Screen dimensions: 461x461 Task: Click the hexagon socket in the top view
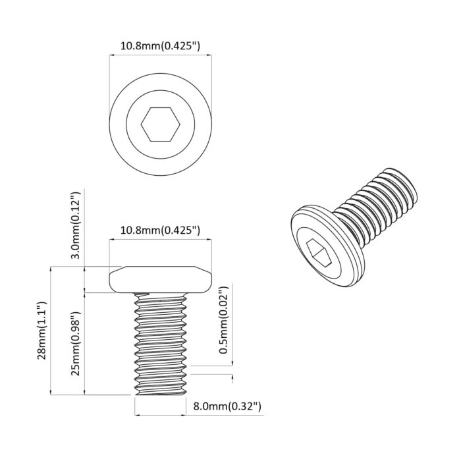click(x=160, y=124)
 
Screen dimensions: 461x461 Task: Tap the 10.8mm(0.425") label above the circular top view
click(x=160, y=47)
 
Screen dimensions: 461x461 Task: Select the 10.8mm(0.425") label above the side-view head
click(x=160, y=230)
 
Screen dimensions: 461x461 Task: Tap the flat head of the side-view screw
click(x=160, y=281)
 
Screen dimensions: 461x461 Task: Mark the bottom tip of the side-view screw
click(x=160, y=393)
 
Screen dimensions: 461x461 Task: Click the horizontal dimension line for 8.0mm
click(x=160, y=415)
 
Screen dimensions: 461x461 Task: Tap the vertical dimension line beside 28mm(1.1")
click(x=51, y=331)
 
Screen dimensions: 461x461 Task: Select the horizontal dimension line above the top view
click(x=160, y=57)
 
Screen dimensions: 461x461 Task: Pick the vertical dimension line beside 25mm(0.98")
click(x=85, y=342)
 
